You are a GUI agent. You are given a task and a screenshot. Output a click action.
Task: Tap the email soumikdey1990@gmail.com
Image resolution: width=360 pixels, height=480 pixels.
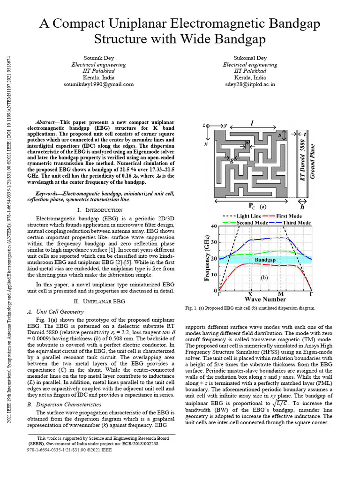(99, 84)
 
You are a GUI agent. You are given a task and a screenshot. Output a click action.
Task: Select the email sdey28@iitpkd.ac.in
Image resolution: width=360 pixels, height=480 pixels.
(250, 84)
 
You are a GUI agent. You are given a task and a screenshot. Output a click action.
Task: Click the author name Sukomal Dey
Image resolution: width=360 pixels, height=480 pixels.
(250, 58)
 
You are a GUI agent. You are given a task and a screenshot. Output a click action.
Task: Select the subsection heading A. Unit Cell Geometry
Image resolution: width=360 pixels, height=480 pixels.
(55, 311)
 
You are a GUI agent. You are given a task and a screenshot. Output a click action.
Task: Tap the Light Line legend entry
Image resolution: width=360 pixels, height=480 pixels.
(248, 216)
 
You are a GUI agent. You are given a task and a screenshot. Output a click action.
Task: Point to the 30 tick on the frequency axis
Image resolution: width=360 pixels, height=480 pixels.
(214, 242)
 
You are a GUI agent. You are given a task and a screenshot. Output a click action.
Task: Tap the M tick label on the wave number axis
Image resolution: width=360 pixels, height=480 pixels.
(281, 293)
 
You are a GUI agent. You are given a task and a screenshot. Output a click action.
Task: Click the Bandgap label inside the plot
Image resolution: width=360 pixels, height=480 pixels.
(265, 259)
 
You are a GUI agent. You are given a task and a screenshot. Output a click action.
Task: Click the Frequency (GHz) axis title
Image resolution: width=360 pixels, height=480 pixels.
(207, 258)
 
